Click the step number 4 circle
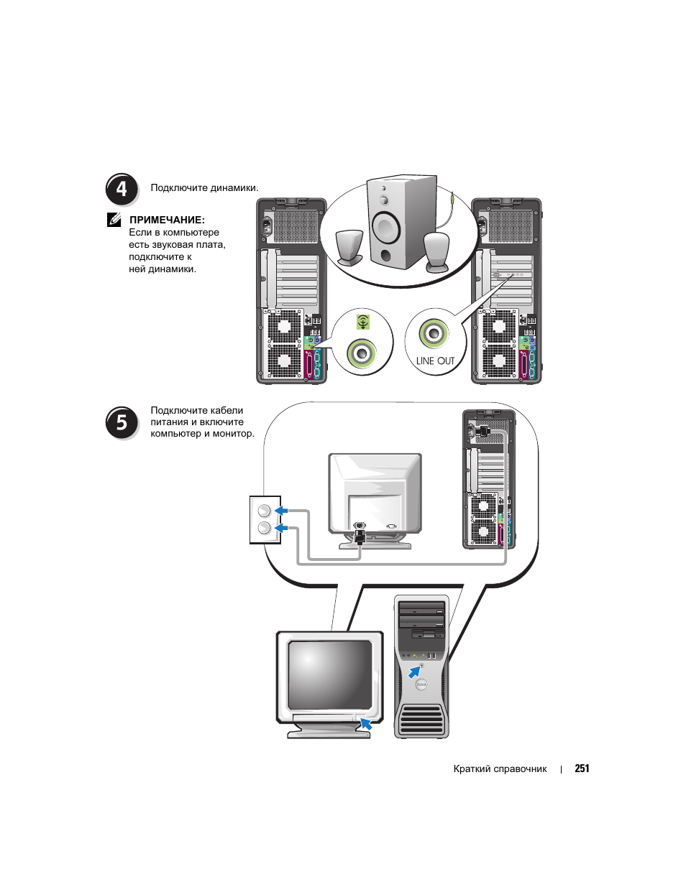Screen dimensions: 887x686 (122, 190)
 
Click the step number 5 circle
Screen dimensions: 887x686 (122, 422)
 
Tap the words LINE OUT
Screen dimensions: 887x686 (435, 361)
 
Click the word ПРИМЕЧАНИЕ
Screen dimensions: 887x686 (167, 220)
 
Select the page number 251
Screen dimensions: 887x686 (582, 768)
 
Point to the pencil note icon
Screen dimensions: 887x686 (114, 220)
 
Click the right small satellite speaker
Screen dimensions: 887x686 (436, 251)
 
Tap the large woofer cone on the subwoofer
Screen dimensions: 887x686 (386, 228)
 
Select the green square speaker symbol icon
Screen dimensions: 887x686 (364, 322)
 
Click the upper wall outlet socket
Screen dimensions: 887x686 (265, 511)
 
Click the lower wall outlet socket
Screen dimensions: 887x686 (265, 529)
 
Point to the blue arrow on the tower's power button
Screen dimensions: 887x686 (414, 672)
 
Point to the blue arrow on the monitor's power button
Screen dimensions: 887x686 (366, 723)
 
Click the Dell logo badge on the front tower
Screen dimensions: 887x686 (421, 686)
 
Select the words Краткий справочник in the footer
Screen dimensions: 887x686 (500, 768)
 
